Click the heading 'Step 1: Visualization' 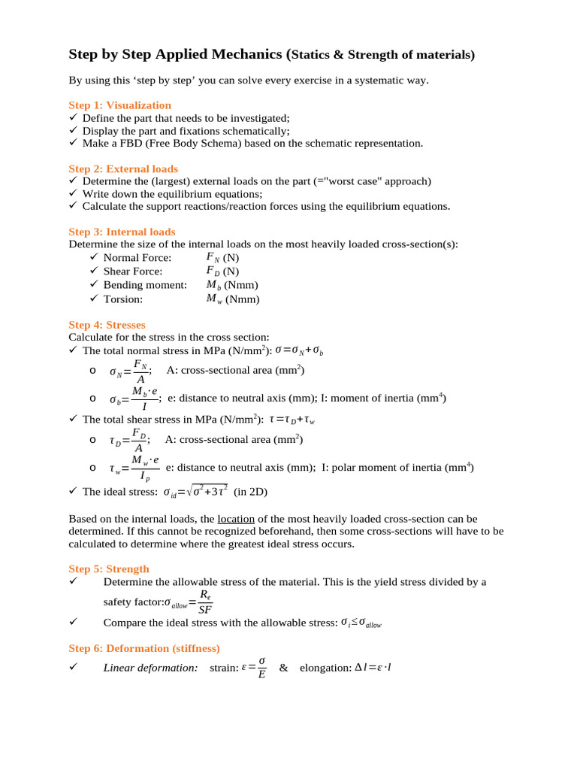click(x=119, y=105)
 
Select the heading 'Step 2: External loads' click(x=123, y=169)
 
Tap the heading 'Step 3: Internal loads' click(x=122, y=232)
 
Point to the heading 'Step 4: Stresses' click(x=107, y=325)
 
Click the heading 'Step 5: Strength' click(x=109, y=568)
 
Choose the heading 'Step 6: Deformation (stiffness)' click(x=144, y=648)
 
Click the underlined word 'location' click(x=236, y=519)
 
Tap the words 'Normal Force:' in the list click(x=137, y=257)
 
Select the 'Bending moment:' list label click(x=145, y=285)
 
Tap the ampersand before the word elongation click(x=283, y=668)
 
